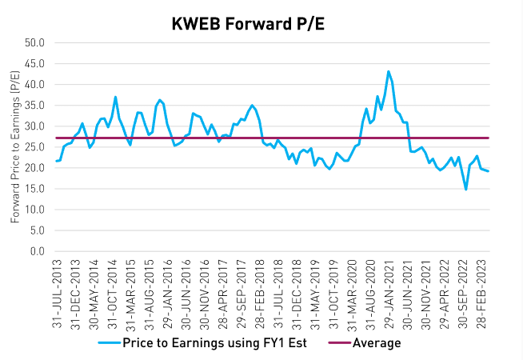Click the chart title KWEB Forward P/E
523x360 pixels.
[x=261, y=23]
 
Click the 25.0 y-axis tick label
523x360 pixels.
[x=36, y=147]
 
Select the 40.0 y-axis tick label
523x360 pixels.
[x=36, y=85]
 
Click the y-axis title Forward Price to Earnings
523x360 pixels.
[x=15, y=147]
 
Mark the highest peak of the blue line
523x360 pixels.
[x=389, y=71]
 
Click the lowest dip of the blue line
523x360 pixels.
[x=465, y=190]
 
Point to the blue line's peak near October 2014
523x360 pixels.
[x=116, y=97]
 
